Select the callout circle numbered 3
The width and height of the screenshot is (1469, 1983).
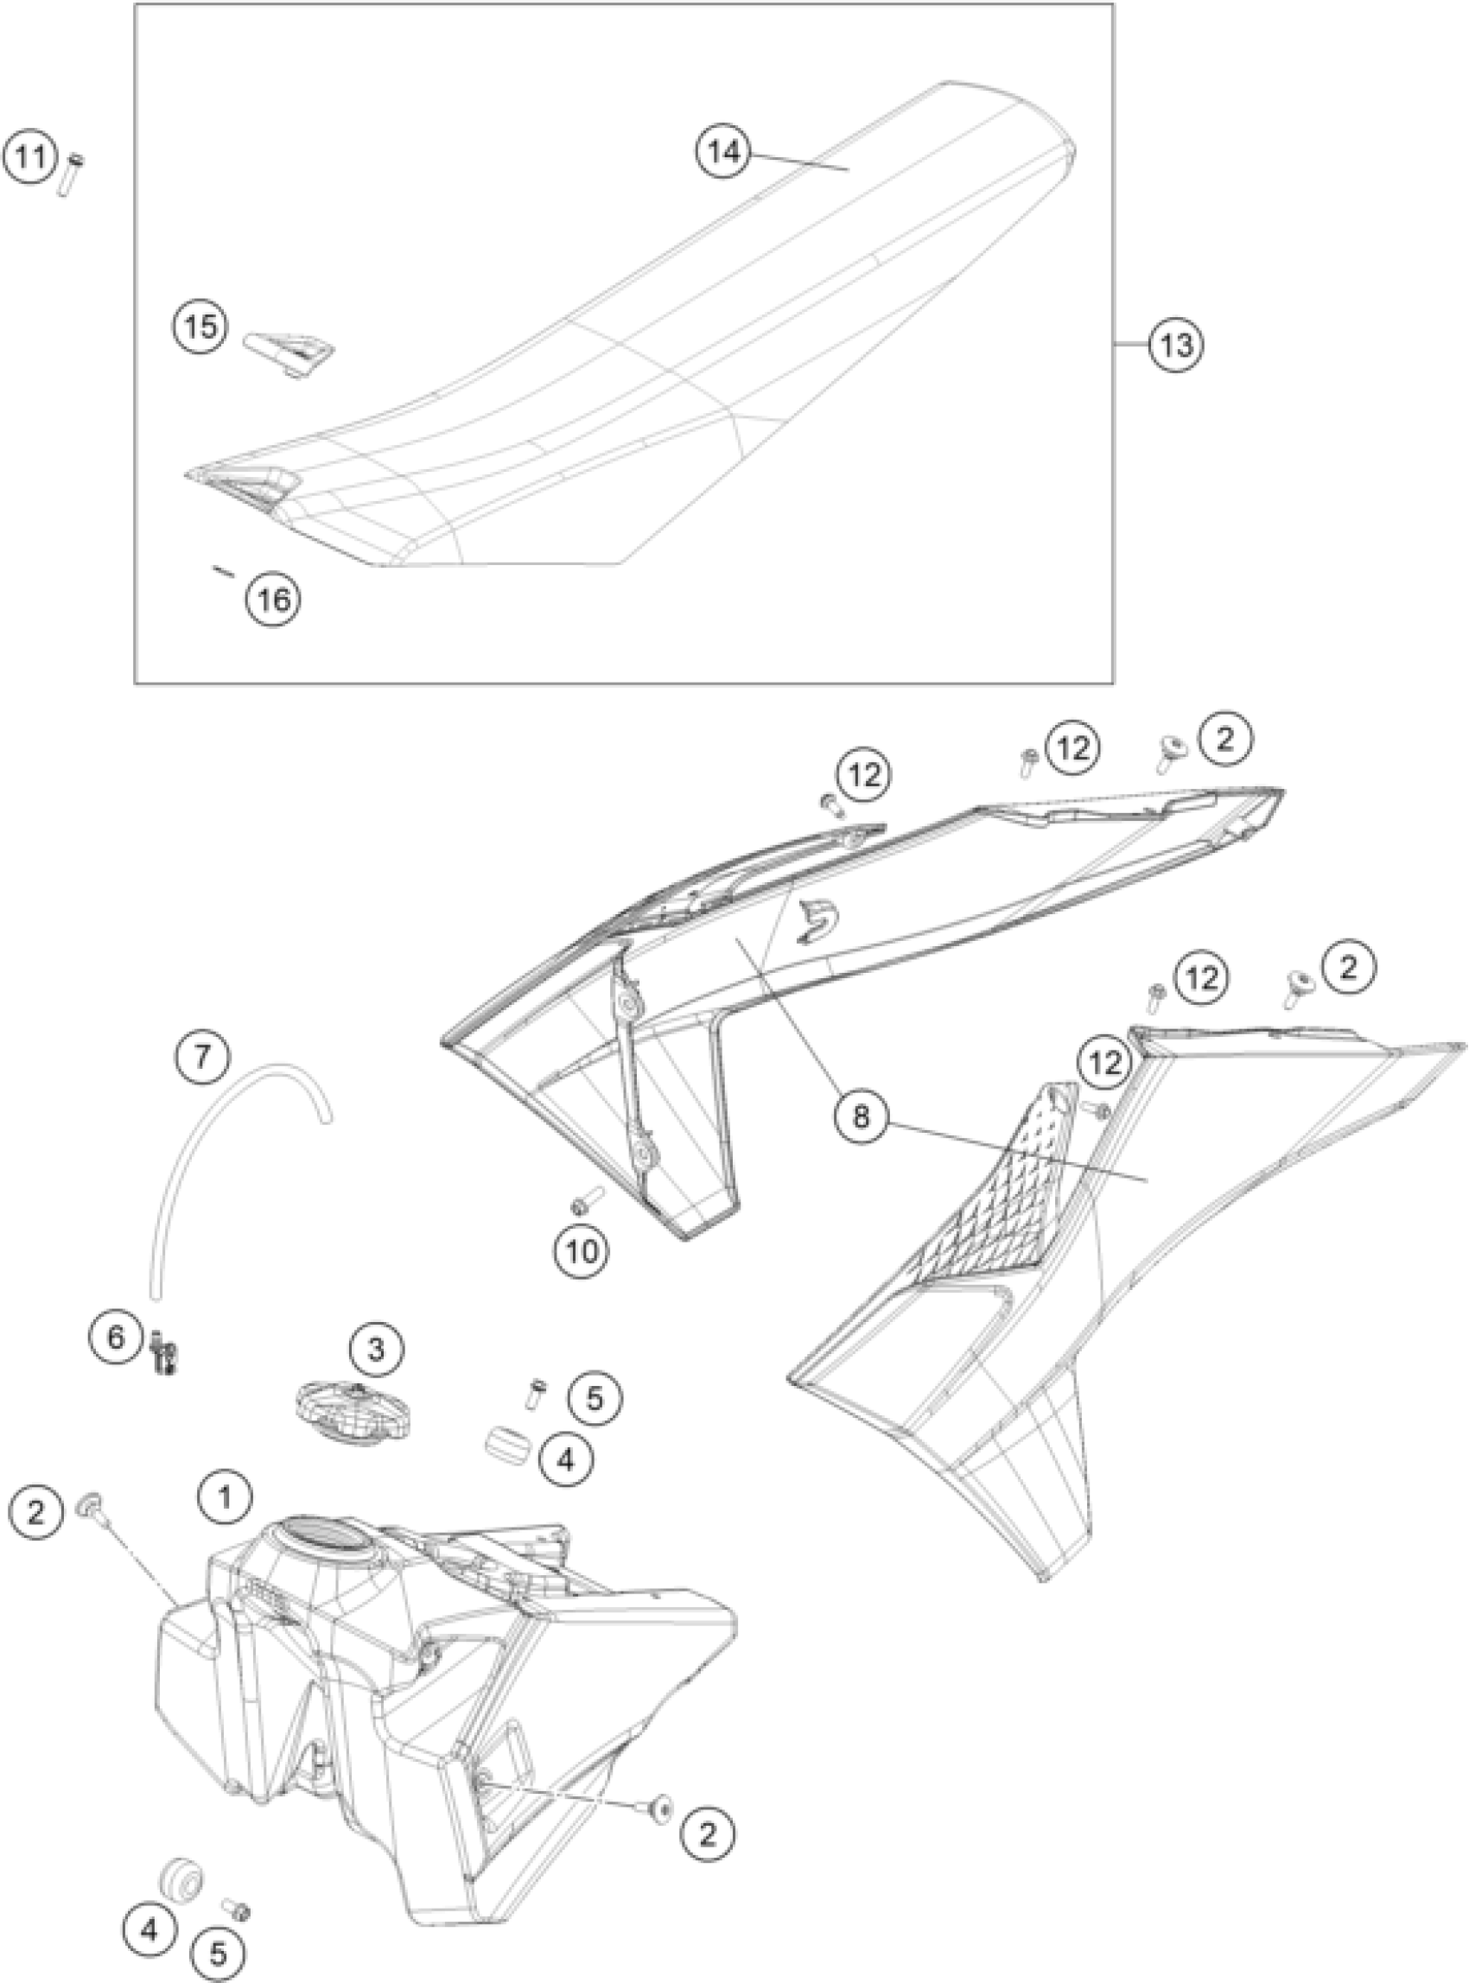tap(376, 1375)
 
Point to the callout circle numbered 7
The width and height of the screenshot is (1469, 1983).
tap(203, 1057)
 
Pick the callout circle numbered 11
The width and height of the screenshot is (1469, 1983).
tap(31, 158)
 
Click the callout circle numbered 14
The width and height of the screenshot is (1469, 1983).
tap(724, 152)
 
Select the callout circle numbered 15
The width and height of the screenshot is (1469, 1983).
tap(201, 327)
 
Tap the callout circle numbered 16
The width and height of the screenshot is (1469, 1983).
tap(273, 599)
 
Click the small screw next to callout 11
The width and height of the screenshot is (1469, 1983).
tap(71, 173)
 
